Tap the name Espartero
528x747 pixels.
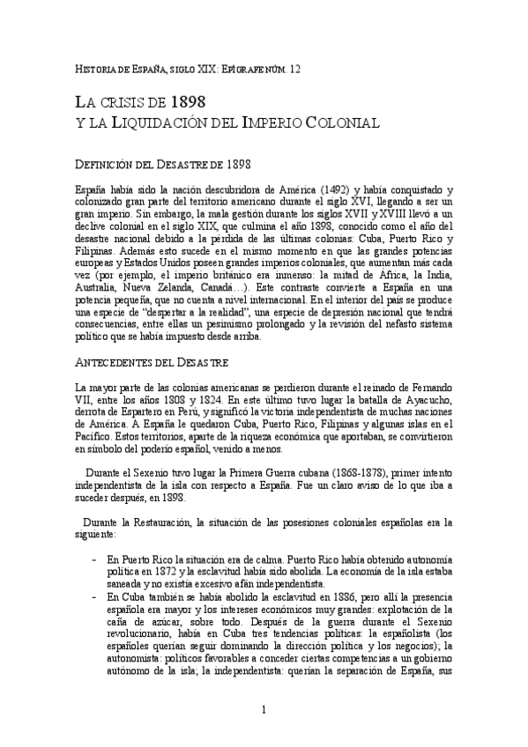[x=134, y=412]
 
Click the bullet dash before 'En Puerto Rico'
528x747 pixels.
[x=94, y=559]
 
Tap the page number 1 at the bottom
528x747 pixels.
[x=263, y=709]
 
